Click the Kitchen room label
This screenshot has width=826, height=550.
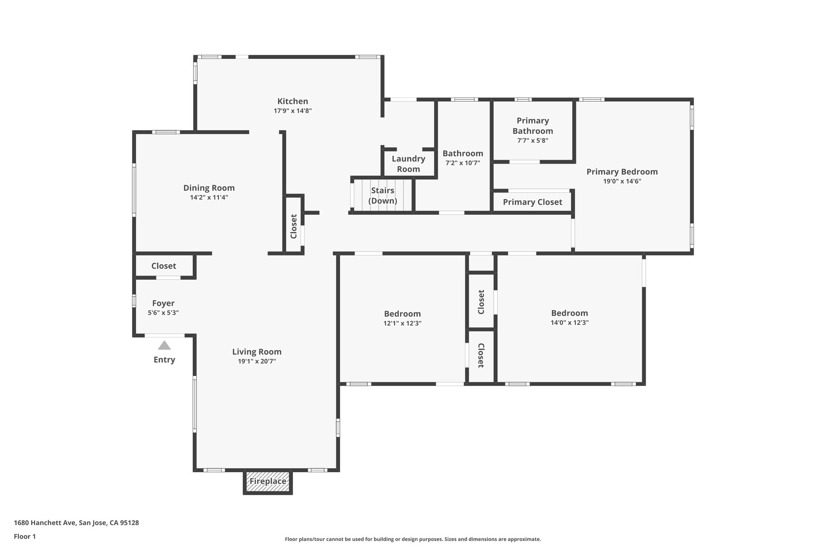[x=292, y=102]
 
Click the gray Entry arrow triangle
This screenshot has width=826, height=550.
[x=164, y=346]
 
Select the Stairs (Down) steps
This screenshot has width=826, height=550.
[x=383, y=195]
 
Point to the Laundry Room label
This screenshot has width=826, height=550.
[x=408, y=164]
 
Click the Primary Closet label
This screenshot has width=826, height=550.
[x=532, y=202]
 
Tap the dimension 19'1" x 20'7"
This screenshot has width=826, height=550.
[x=257, y=361]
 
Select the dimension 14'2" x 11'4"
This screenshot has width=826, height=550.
[x=209, y=197]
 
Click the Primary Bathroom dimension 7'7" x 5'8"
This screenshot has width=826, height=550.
[x=532, y=141]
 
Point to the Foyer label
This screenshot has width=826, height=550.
[x=163, y=303]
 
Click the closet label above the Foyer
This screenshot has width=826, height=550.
[x=163, y=266]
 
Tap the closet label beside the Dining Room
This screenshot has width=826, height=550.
[x=294, y=226]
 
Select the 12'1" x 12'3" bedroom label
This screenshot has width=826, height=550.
[x=402, y=314]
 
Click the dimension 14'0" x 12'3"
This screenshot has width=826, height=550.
[x=569, y=323]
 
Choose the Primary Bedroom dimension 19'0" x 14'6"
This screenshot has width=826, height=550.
[x=622, y=181]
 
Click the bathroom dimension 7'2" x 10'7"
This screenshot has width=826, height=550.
[x=463, y=163]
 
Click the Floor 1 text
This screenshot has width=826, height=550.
[x=25, y=536]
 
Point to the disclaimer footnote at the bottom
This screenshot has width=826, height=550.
[x=413, y=539]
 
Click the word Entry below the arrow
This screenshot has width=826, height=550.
[x=164, y=360]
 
